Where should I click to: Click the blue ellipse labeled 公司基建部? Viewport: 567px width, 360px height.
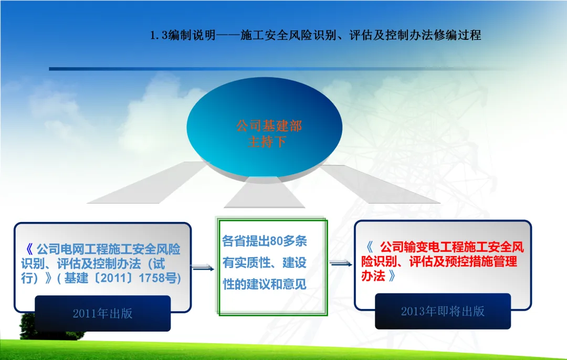click(264, 126)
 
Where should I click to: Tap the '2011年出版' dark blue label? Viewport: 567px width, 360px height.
click(103, 313)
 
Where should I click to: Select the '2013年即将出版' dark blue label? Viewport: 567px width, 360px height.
click(443, 311)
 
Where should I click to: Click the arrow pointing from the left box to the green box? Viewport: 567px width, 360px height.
click(203, 268)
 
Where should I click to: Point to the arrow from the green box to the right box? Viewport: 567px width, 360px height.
click(341, 263)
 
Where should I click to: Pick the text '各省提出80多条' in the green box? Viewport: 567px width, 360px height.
click(264, 241)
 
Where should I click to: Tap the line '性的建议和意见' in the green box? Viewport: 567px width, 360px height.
click(264, 284)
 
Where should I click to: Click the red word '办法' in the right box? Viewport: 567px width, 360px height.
click(373, 276)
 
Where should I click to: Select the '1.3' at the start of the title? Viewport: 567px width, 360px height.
click(159, 35)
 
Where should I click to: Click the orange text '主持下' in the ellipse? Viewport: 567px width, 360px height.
click(267, 141)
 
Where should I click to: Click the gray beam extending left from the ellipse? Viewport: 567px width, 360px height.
click(148, 183)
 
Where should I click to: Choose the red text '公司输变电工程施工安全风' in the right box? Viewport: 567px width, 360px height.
click(451, 247)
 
